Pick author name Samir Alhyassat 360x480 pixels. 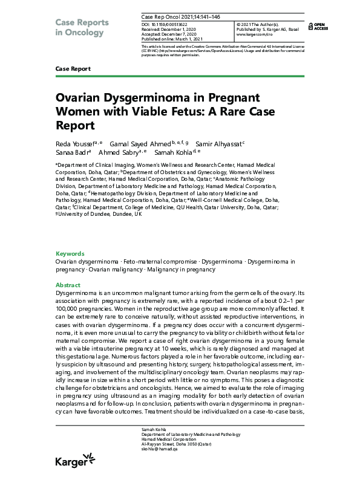coord(220,143)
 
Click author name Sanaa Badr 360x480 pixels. coord(71,153)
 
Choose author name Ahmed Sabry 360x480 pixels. coord(123,153)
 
